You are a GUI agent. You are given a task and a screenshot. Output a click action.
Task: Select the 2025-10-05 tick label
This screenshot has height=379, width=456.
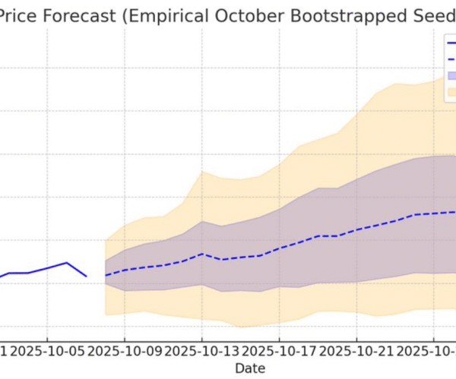(47, 351)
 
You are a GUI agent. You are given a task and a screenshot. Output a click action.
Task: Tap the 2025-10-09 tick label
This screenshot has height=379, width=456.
(125, 351)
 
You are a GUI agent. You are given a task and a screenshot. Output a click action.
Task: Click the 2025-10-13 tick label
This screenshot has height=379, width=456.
(202, 351)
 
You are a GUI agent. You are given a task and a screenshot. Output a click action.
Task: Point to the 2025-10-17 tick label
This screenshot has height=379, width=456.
(279, 351)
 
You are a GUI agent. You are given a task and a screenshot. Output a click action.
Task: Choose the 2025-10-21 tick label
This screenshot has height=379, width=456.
(356, 351)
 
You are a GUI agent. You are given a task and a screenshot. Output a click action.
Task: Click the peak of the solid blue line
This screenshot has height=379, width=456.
(67, 263)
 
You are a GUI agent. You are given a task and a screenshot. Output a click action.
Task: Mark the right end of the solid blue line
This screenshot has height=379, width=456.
(86, 276)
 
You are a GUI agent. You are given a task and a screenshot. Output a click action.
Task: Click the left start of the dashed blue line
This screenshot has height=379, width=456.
(106, 275)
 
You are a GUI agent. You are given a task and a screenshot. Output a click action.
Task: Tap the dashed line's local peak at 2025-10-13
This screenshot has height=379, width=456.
(202, 254)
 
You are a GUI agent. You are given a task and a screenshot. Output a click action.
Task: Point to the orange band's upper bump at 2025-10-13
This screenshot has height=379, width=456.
(202, 172)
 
